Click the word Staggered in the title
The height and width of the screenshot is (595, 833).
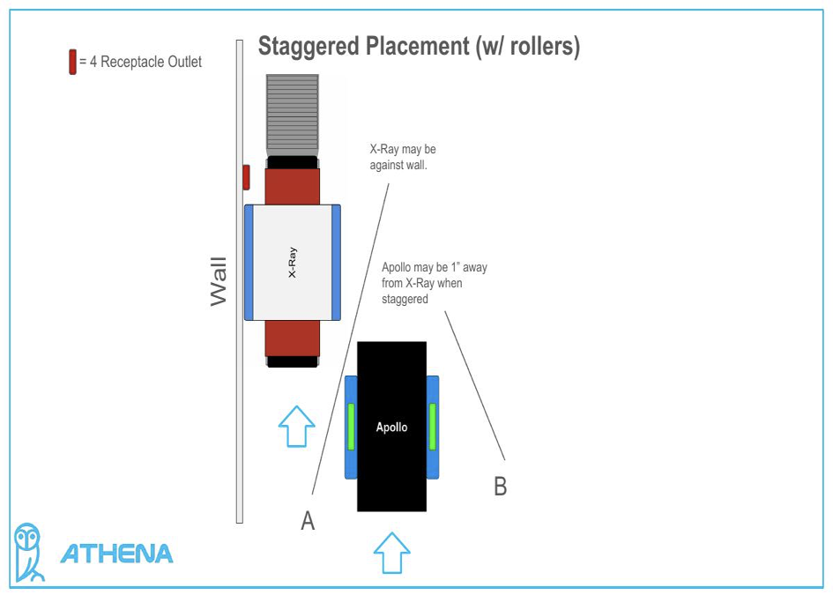click(309, 47)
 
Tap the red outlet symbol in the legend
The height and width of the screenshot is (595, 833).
click(72, 63)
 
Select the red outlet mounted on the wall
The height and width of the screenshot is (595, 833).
click(246, 176)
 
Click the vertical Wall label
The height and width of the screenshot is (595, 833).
click(219, 281)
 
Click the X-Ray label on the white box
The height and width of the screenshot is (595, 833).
click(292, 262)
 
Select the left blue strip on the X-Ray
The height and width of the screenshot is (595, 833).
click(249, 262)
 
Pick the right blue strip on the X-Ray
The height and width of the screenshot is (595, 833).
click(336, 262)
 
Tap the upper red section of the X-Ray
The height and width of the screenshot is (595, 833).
click(292, 186)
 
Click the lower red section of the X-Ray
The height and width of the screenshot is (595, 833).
click(292, 338)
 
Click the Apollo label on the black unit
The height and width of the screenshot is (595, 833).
click(391, 427)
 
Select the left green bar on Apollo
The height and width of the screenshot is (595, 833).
click(351, 427)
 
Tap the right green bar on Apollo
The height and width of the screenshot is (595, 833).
click(432, 427)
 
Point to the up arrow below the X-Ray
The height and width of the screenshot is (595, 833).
click(296, 427)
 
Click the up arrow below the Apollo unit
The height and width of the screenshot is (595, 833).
click(391, 553)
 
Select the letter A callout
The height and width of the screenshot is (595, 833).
click(308, 521)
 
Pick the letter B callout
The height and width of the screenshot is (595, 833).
click(500, 486)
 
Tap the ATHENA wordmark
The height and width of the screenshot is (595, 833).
click(116, 554)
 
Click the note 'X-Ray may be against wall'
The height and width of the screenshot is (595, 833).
click(403, 157)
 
